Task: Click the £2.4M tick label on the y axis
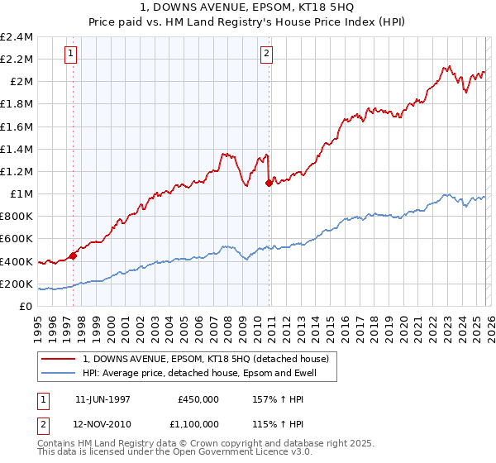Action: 17,36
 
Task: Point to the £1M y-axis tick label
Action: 20,193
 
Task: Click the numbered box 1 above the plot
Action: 70,55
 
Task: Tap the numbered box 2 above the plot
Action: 267,55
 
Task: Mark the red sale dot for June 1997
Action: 73,255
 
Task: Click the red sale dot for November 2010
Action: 269,183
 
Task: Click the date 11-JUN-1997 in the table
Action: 103,399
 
